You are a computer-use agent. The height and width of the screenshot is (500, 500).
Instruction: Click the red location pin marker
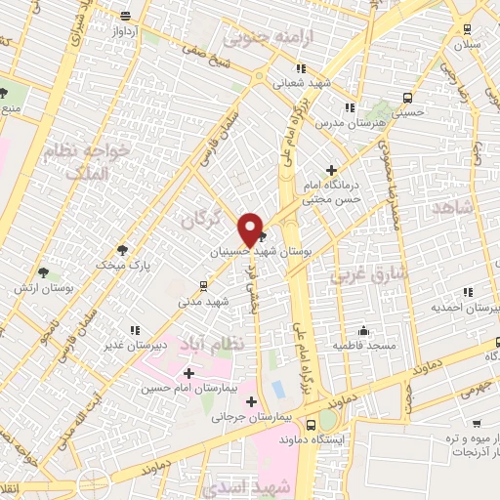point(251,229)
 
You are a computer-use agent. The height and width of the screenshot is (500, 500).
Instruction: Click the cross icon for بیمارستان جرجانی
point(252,401)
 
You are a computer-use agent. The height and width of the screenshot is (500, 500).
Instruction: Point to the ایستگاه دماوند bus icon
point(311,426)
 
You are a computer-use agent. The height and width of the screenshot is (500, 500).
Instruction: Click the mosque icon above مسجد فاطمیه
point(363,330)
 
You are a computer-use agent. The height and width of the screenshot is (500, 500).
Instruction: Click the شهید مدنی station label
point(203,302)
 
